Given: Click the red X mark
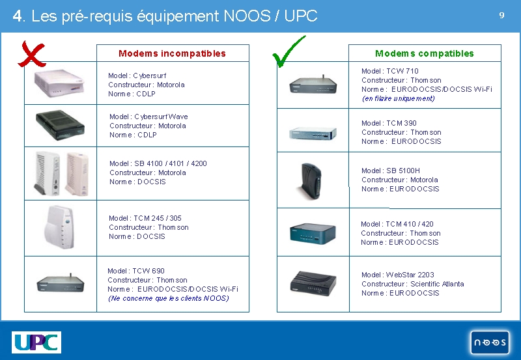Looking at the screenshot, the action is (x=31, y=55).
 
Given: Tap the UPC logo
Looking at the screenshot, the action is (x=36, y=342).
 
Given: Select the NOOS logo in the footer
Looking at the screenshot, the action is (x=490, y=342).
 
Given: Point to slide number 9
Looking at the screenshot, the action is (x=501, y=15).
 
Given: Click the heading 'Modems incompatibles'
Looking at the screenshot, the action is (x=172, y=53).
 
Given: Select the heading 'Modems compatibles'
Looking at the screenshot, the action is (x=425, y=53).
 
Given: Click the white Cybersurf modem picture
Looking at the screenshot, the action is (x=59, y=83).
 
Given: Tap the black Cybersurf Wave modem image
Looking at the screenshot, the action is (x=60, y=125).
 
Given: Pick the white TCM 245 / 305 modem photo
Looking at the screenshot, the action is (x=60, y=227).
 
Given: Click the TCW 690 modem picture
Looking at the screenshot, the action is (x=61, y=283).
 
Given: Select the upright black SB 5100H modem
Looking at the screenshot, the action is (x=311, y=181).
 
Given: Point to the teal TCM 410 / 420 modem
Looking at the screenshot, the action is (x=313, y=234).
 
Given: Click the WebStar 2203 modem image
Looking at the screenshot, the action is (x=313, y=283).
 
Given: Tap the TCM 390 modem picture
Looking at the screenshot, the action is (x=313, y=133).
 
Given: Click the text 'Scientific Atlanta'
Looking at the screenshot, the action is (x=437, y=284).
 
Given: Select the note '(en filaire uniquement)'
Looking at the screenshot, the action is (x=398, y=99).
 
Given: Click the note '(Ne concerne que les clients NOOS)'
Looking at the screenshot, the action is (x=169, y=299).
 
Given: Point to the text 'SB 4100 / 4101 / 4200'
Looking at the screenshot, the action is (x=171, y=163).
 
